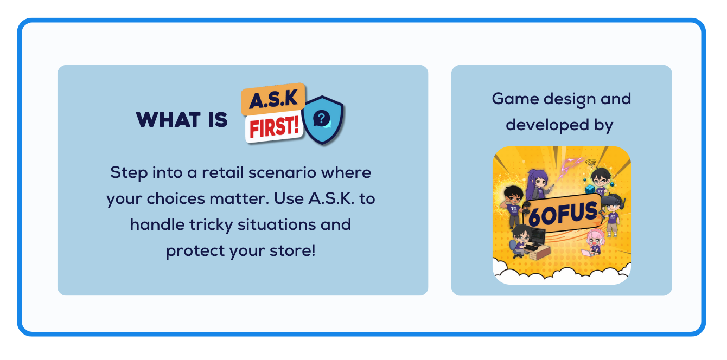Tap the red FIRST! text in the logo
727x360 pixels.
pos(274,127)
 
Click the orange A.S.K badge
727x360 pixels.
pos(273,99)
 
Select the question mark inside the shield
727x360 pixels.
pos(321,118)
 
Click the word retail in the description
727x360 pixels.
pos(222,172)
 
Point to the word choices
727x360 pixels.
pos(176,198)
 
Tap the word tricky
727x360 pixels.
pos(211,225)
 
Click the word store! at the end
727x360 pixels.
pos(292,250)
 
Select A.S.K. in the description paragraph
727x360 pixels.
pos(331,198)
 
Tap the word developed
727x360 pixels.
pos(547,125)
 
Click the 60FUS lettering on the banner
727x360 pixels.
pos(563,214)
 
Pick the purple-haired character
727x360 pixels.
pos(538,183)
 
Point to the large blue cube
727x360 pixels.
pos(590,189)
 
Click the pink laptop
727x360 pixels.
pos(588,253)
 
